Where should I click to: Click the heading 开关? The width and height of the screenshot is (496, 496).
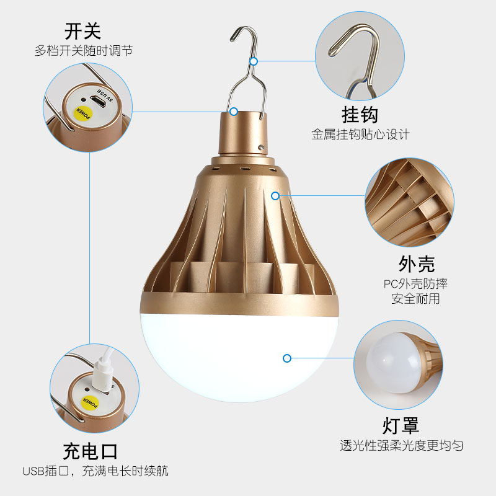tap(82, 32)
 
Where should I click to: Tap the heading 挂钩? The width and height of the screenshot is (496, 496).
tap(360, 115)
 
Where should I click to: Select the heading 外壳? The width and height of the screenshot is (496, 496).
tap(417, 264)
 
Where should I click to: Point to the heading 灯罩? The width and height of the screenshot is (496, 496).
tap(401, 425)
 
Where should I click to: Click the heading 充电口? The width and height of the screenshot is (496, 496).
tap(91, 451)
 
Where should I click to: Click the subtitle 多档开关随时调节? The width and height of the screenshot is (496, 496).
tap(84, 51)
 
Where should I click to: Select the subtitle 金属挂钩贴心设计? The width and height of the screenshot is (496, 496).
tap(360, 134)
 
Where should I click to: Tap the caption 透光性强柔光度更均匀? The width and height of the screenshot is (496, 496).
tap(401, 445)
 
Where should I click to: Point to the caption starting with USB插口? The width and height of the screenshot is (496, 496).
tap(95, 471)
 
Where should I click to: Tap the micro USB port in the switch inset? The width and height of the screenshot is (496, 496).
tap(98, 102)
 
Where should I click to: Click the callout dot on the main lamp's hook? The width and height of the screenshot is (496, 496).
tap(254, 61)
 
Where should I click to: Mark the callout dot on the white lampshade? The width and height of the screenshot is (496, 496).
tap(287, 358)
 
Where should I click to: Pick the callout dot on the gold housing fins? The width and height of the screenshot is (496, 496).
tap(275, 196)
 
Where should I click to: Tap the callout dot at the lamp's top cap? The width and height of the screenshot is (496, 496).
tap(234, 112)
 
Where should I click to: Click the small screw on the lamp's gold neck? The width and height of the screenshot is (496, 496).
tap(261, 147)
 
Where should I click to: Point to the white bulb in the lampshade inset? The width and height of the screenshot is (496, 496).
tap(393, 363)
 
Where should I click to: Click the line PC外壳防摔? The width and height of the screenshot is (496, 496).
tap(415, 284)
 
